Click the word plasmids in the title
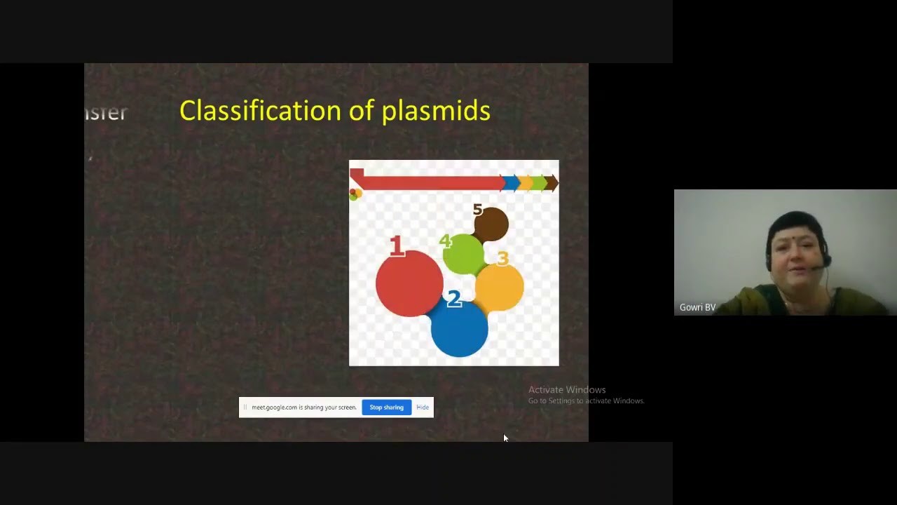[436, 111]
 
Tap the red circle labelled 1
[409, 283]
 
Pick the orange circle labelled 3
[500, 285]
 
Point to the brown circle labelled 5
[491, 223]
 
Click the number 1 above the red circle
[397, 245]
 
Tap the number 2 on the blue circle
[453, 299]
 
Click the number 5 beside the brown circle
[477, 210]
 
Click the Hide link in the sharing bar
[423, 408]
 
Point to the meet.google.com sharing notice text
[303, 408]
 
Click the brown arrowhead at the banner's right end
[552, 183]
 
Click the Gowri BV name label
[697, 307]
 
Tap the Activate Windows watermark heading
[567, 390]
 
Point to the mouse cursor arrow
[505, 438]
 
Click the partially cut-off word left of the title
[107, 112]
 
